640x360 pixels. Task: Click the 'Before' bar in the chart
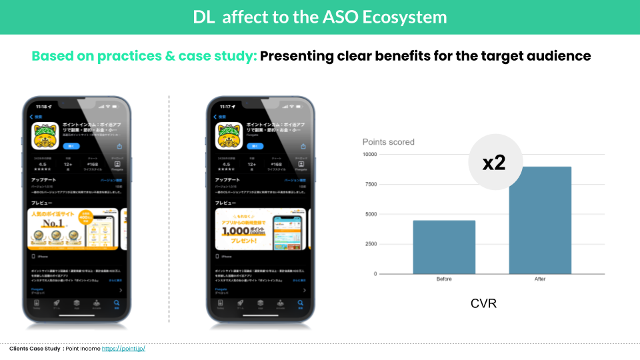[x=444, y=247]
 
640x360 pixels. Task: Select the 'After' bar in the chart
[x=540, y=220]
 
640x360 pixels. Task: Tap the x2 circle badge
[x=493, y=163]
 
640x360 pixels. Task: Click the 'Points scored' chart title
[x=388, y=142]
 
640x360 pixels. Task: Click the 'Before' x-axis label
[x=444, y=279]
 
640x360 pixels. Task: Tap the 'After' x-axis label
[x=540, y=279]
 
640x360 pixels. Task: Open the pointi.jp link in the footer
[x=123, y=349]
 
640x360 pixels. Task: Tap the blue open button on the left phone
[x=71, y=145]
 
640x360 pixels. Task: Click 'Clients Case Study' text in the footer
[x=35, y=349]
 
